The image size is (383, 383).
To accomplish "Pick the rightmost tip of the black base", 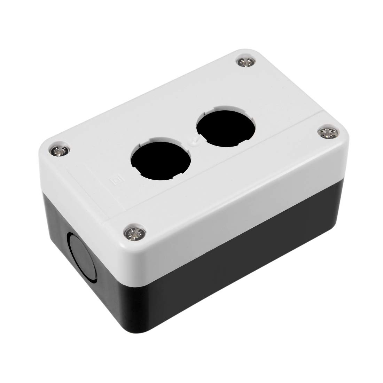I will click(x=339, y=209).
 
